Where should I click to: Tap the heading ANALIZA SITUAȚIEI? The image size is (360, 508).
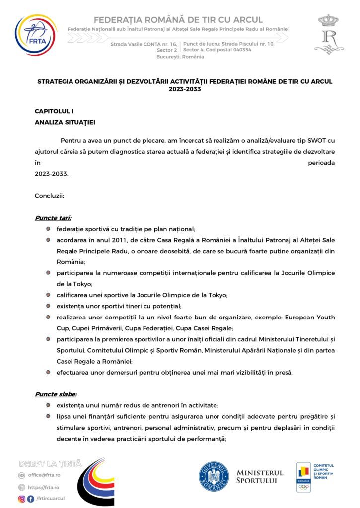point(65,122)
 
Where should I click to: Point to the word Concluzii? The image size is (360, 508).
point(49,195)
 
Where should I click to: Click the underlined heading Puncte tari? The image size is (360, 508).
point(53,218)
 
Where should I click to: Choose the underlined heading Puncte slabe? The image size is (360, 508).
point(56,394)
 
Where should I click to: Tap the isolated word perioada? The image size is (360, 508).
point(321,163)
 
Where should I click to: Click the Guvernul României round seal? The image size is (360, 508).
point(214,476)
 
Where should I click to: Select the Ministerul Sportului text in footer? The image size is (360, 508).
point(260,477)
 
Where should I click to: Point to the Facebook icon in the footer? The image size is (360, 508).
point(31,499)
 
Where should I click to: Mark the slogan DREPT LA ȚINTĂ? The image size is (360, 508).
point(50,464)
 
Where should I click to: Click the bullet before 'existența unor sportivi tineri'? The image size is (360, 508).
point(48,306)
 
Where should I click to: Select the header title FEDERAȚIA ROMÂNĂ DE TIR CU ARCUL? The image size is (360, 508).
point(178,20)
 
